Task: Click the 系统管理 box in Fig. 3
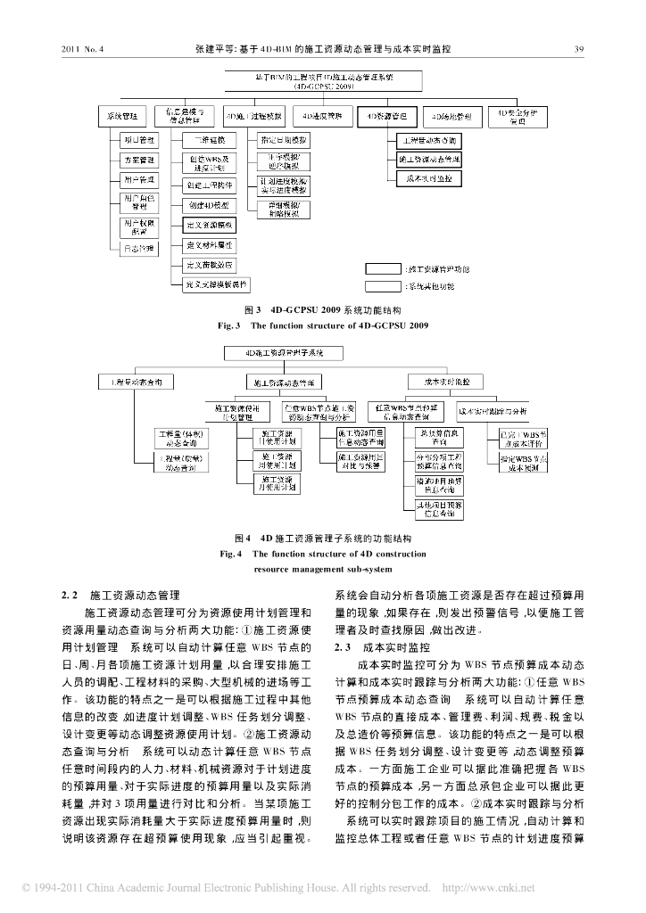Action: pyautogui.click(x=123, y=115)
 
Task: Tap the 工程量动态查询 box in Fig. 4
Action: pyautogui.click(x=136, y=382)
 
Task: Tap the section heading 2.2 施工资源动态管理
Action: pyautogui.click(x=120, y=593)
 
